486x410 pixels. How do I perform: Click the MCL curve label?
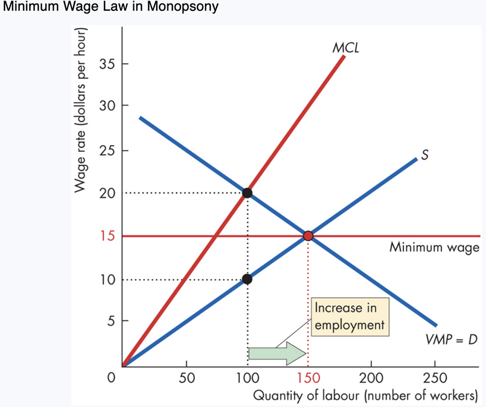pyautogui.click(x=346, y=48)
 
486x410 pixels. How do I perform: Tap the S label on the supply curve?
pyautogui.click(x=425, y=155)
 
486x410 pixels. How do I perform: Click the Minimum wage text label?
pyautogui.click(x=434, y=248)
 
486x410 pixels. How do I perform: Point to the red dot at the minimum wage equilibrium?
pyautogui.click(x=308, y=236)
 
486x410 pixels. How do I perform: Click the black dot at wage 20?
pyautogui.click(x=247, y=193)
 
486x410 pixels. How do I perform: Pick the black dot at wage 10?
pyautogui.click(x=247, y=279)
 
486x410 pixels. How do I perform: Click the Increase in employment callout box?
pyautogui.click(x=349, y=317)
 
